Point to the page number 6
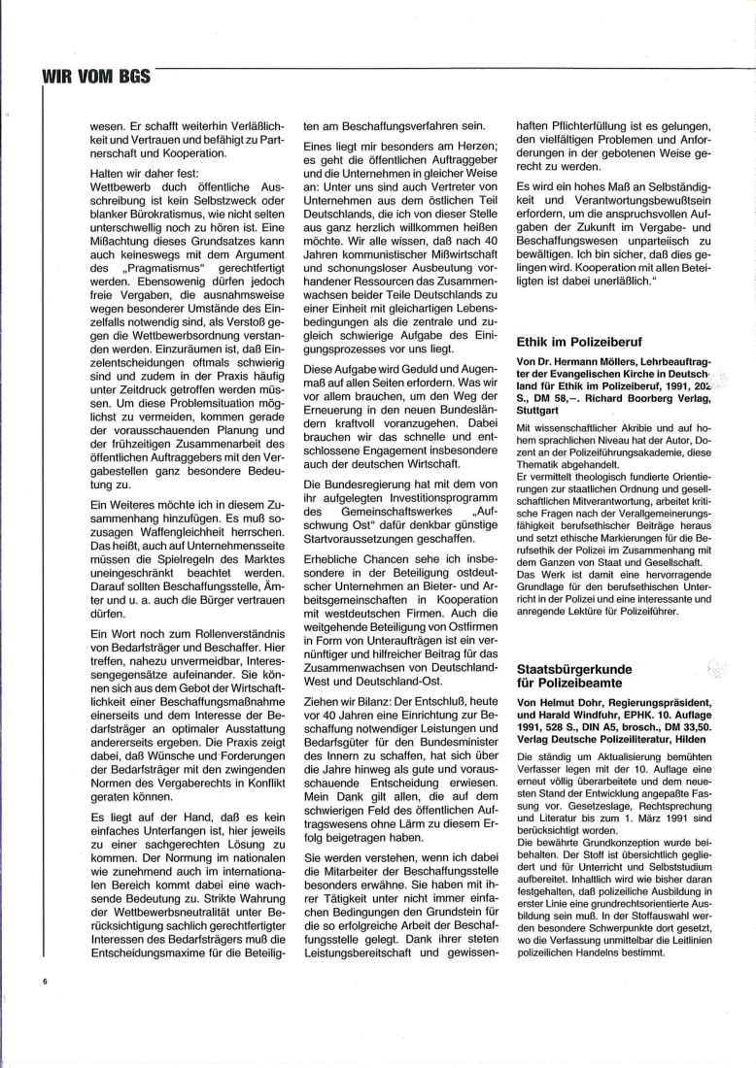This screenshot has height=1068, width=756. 45,982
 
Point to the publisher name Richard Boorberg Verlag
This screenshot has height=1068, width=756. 654,398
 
